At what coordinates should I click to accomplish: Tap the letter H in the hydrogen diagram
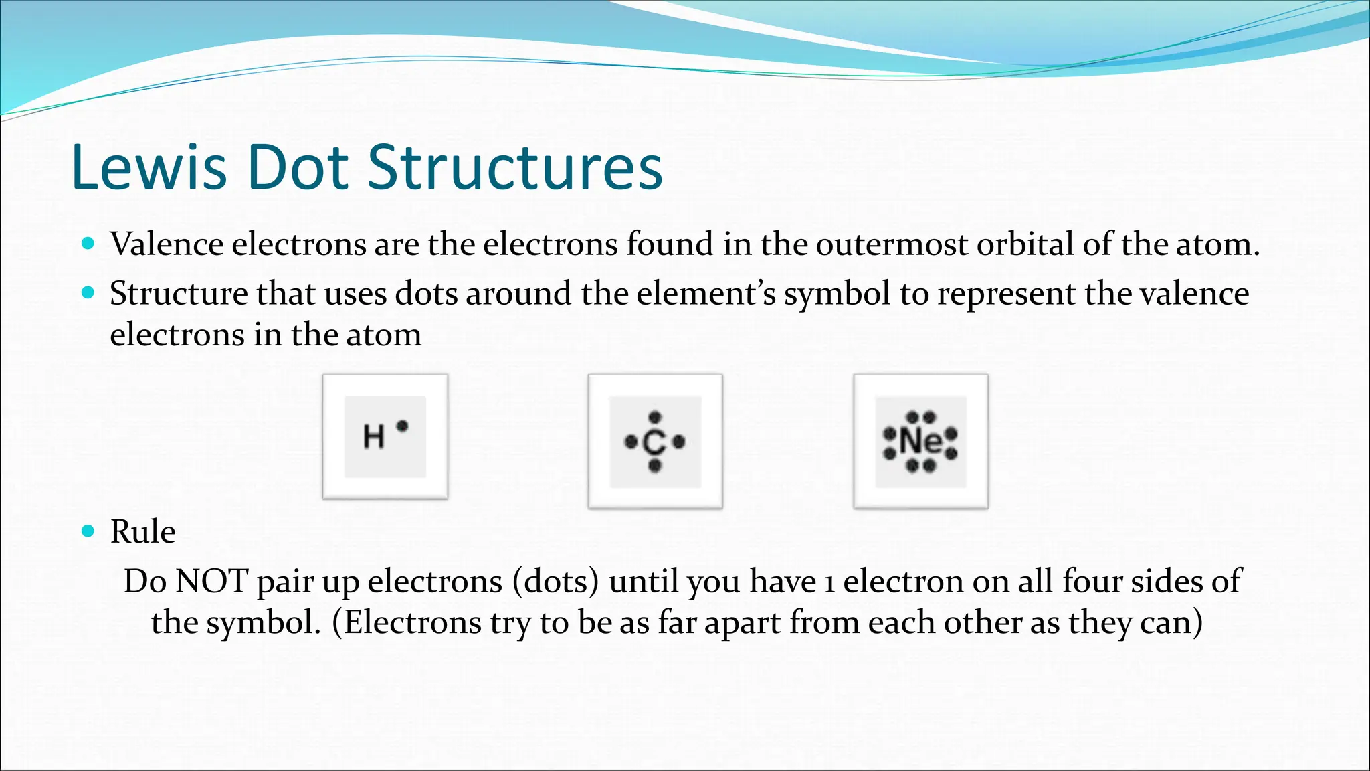tap(373, 437)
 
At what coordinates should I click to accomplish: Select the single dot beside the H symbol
tap(402, 426)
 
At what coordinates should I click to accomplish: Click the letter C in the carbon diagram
tap(654, 442)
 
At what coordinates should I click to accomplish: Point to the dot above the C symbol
tap(655, 418)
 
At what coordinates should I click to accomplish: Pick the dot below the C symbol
tap(655, 465)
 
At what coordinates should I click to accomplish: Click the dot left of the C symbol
tap(630, 442)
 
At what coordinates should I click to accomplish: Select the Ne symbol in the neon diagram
tap(920, 441)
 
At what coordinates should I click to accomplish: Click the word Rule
tap(142, 532)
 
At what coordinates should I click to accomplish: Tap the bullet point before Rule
tap(88, 531)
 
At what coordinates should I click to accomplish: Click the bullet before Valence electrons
tap(88, 243)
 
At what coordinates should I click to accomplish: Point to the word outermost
tap(892, 244)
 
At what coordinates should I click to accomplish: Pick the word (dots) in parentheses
tap(556, 581)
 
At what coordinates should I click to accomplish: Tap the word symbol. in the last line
tap(262, 623)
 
